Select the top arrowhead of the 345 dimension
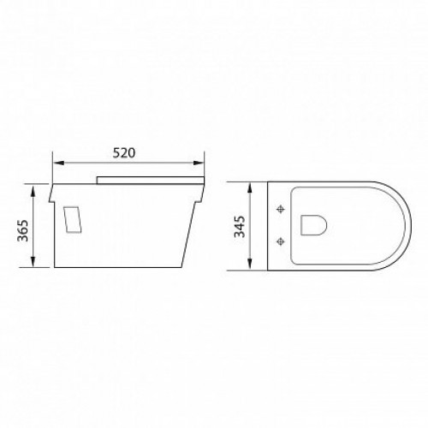253,186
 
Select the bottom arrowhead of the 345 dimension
253,265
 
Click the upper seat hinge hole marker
280,209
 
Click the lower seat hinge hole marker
280,242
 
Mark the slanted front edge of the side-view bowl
193,231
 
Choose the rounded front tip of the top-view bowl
393,226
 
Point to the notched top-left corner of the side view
54,187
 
